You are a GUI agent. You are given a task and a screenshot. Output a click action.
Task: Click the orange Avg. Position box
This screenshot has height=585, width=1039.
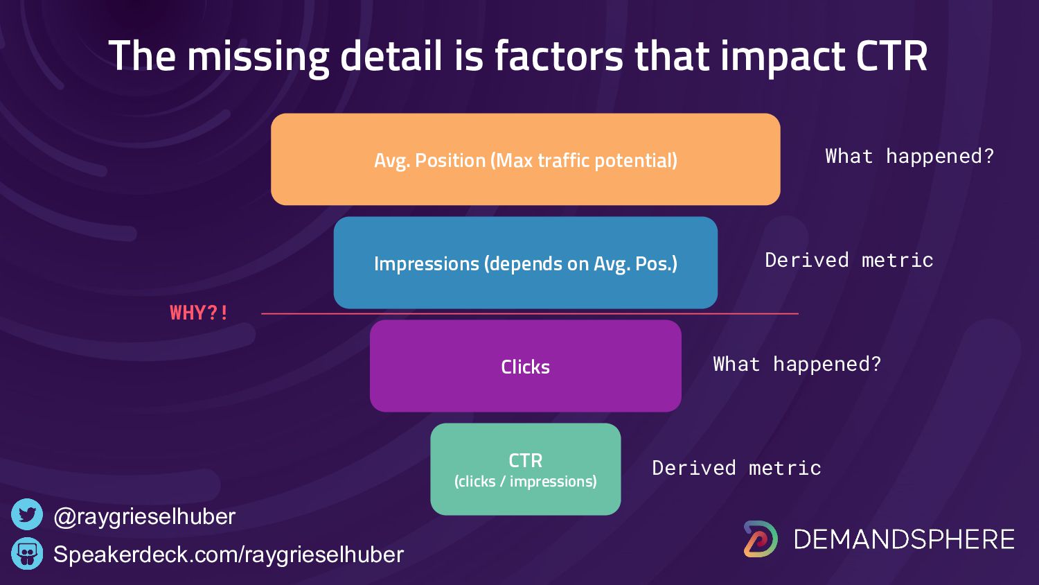pos(526,159)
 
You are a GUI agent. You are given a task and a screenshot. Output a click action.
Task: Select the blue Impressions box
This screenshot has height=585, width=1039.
pos(526,263)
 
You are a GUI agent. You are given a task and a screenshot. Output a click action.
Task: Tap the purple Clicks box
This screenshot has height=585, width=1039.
pos(526,366)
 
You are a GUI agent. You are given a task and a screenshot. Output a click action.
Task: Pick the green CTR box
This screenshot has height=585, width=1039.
pos(526,469)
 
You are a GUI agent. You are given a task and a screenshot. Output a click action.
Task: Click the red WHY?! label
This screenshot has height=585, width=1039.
pos(199,313)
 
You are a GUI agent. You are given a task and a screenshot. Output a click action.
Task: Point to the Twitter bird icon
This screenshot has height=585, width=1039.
pos(27,514)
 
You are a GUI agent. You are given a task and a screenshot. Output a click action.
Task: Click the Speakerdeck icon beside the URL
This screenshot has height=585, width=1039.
pos(27,553)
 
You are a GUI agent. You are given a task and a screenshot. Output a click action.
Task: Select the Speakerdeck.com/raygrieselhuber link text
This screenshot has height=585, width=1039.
pos(229,555)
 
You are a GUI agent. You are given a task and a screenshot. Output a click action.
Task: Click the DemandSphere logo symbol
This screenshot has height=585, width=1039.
pos(761,539)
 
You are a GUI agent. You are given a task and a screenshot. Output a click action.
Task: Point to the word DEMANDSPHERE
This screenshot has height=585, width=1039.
pos(904,539)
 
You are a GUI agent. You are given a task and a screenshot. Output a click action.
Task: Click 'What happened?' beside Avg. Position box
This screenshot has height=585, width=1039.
pos(909,156)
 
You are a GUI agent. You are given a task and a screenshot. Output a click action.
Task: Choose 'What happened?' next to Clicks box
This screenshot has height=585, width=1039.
pos(797,364)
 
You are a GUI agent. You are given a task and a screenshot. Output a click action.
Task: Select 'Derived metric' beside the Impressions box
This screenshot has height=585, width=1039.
pos(849,260)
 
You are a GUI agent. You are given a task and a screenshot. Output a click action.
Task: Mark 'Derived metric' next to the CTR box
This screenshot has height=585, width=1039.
pos(736,468)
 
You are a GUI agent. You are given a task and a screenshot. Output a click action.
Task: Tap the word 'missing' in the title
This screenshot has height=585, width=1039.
pos(258,58)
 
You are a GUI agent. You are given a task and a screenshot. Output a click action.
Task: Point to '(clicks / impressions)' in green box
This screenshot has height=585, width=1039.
pos(526,482)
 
